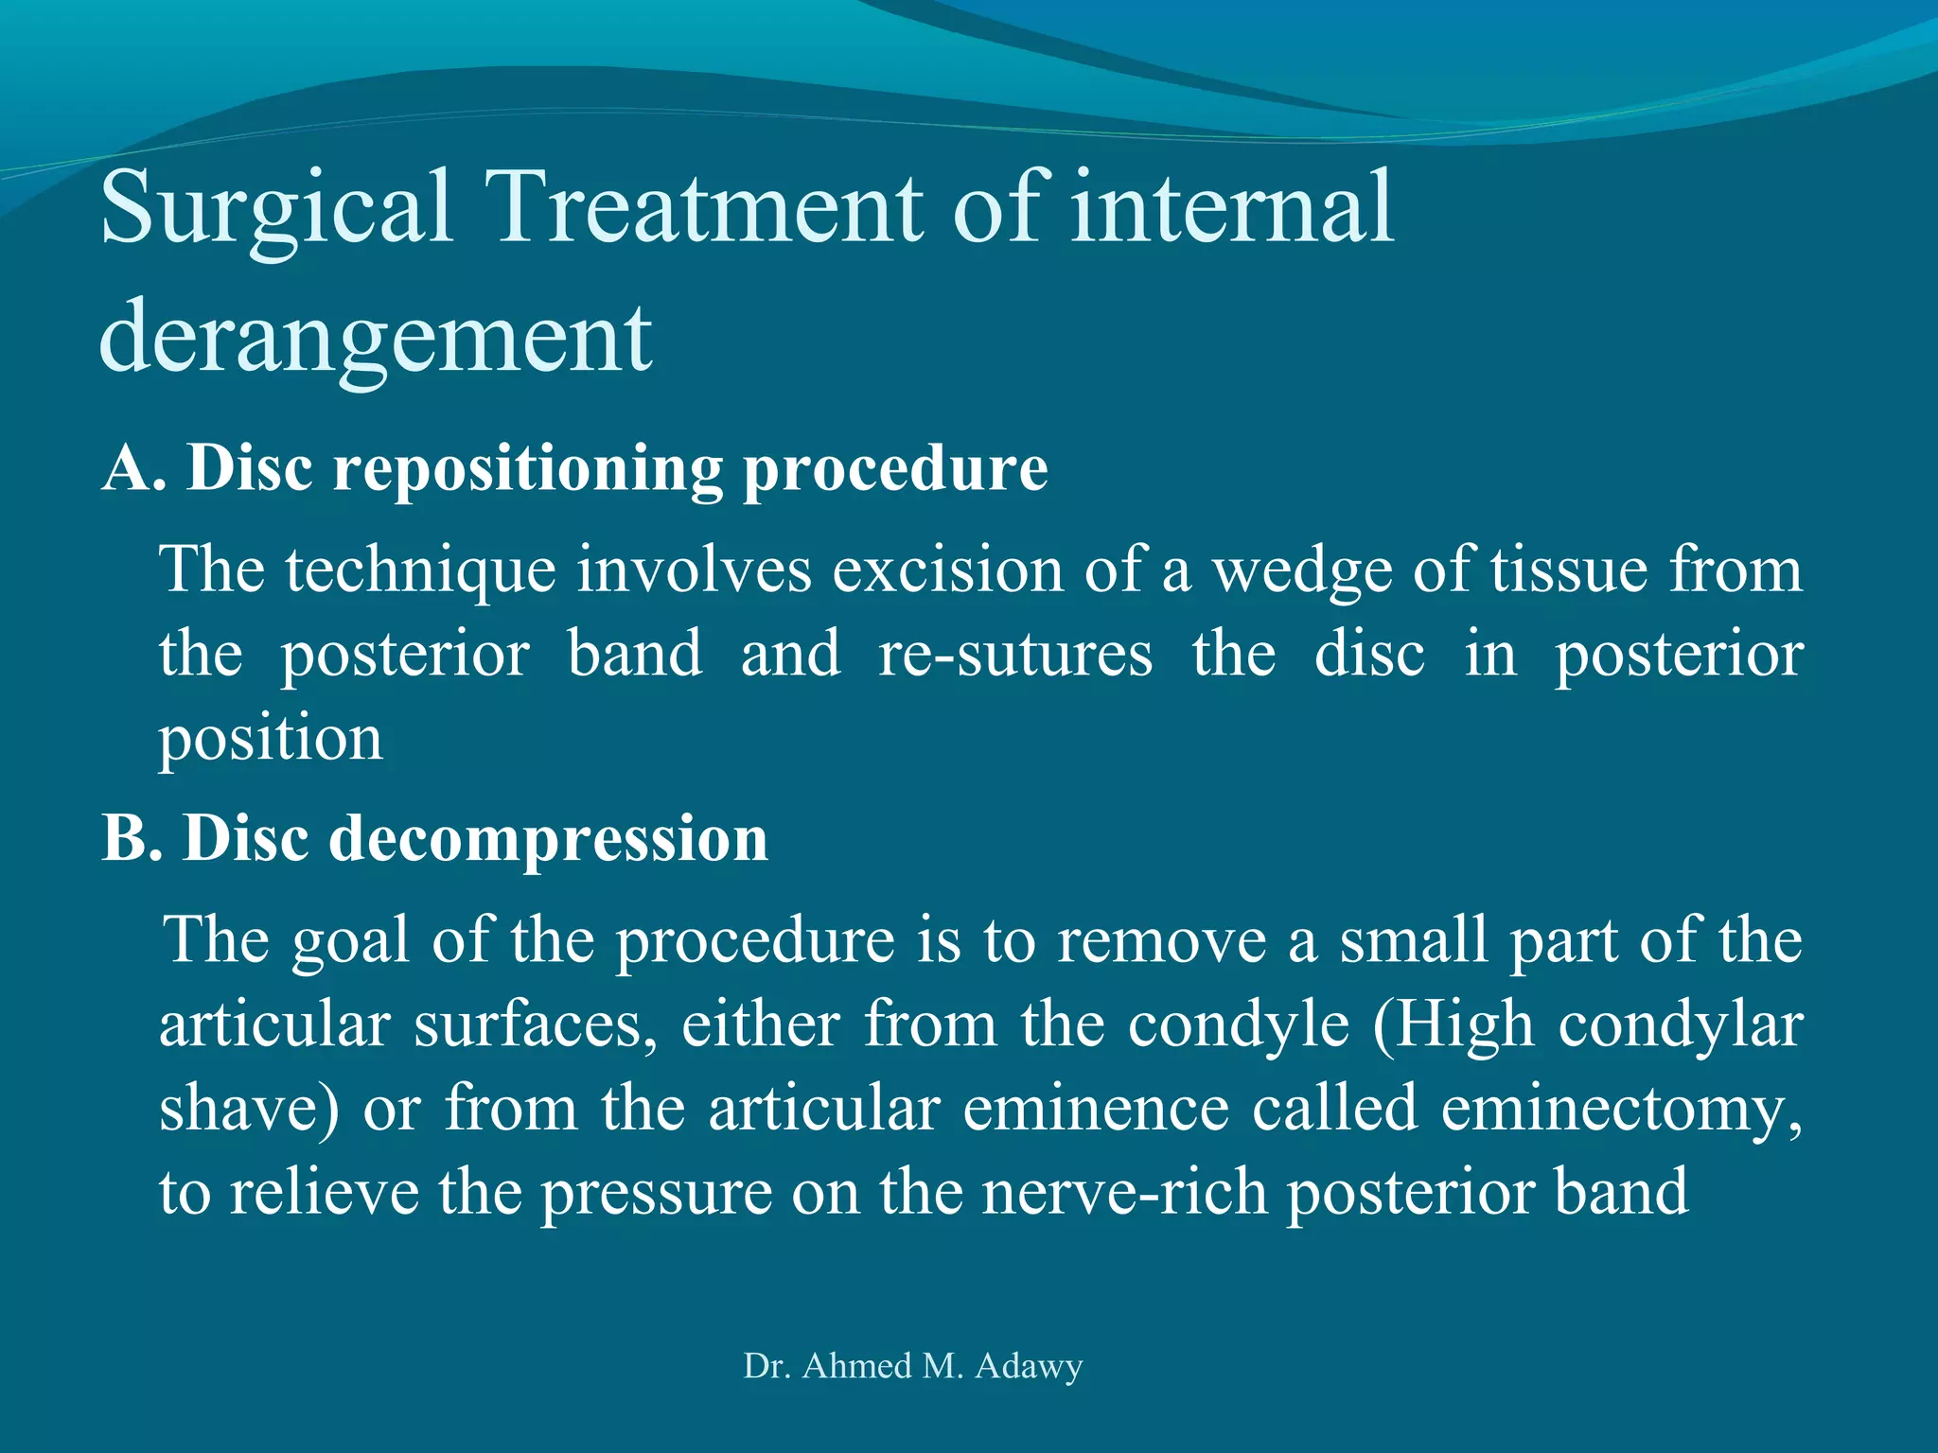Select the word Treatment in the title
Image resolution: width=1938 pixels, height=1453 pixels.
coord(705,208)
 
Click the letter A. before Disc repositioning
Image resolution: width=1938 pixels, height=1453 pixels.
coord(133,468)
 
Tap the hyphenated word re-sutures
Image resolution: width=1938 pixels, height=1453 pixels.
coord(1016,655)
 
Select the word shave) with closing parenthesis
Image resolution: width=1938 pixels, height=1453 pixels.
coord(249,1109)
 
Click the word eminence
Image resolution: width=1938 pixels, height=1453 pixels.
coord(1096,1109)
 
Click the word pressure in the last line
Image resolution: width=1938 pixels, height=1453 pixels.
coord(656,1194)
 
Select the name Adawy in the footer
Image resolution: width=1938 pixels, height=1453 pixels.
coord(1029,1366)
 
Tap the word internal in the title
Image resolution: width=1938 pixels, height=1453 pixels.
coord(1231,208)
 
